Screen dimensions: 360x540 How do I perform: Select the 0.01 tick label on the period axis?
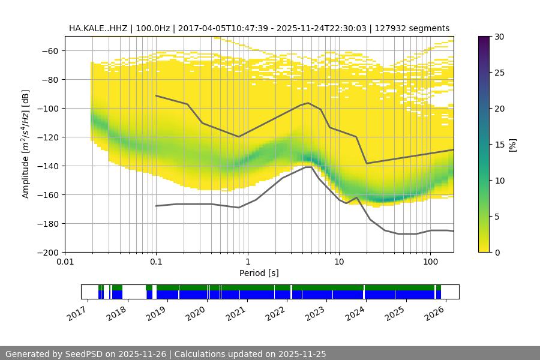click(65, 262)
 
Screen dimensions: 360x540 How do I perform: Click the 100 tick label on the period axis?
click(430, 262)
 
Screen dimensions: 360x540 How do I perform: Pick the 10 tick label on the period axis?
click(339, 262)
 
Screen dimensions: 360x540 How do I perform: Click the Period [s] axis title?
click(259, 273)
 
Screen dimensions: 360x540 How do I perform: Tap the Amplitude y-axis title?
click(25, 144)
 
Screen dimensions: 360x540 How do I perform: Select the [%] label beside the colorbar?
click(512, 145)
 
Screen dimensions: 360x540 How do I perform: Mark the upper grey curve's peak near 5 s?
click(308, 103)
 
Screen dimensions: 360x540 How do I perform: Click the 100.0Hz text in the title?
click(154, 28)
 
